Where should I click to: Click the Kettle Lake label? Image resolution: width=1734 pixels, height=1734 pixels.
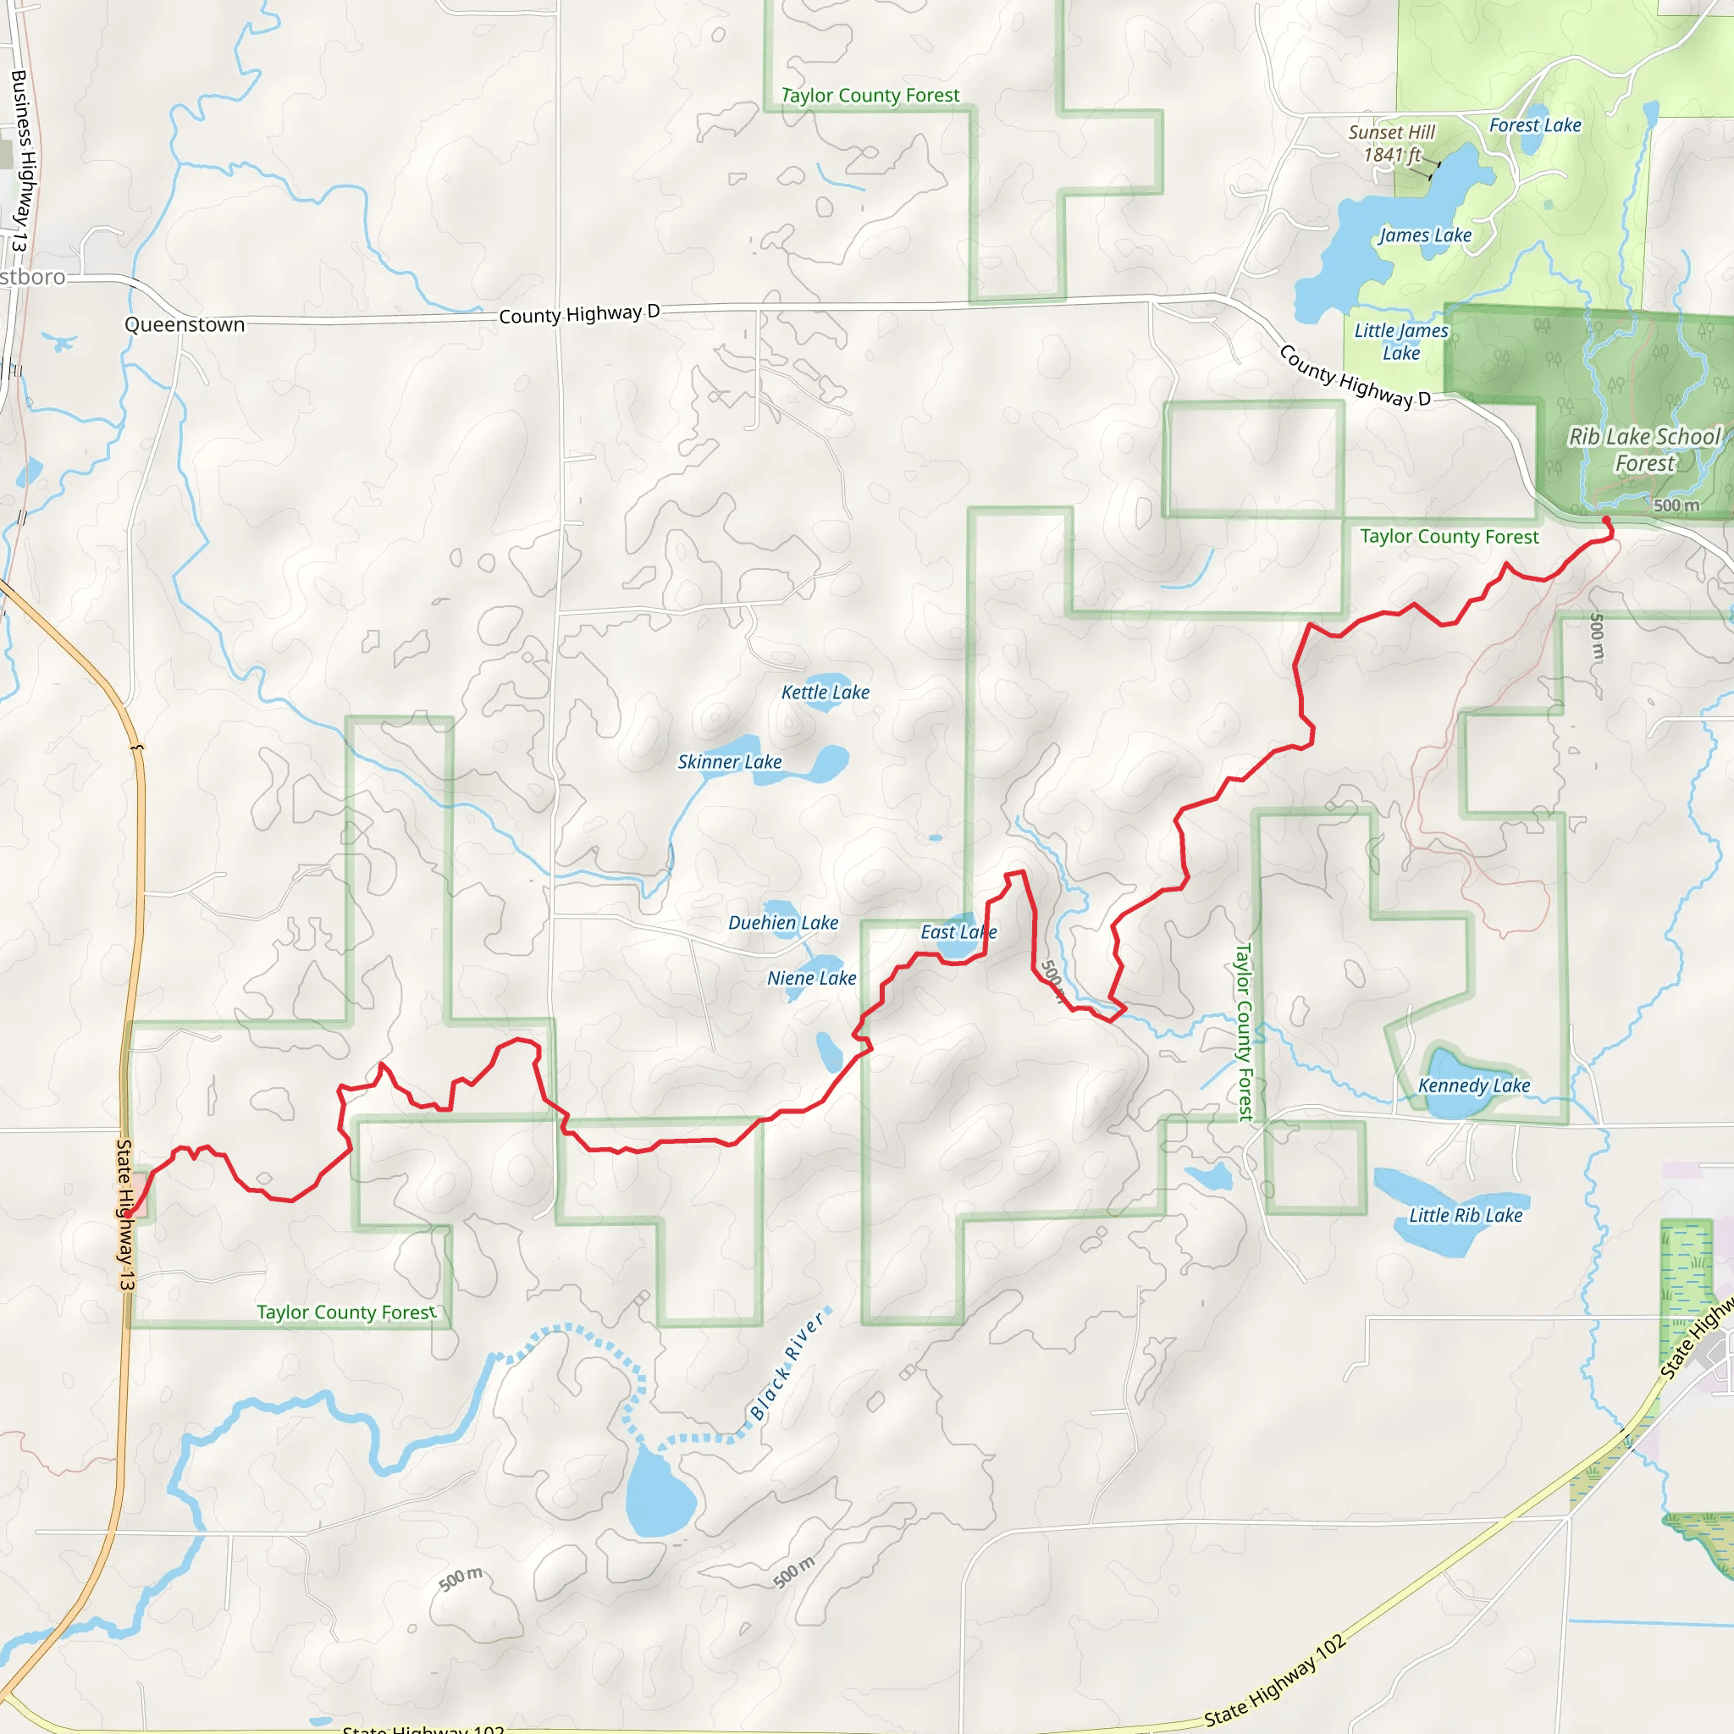[825, 692]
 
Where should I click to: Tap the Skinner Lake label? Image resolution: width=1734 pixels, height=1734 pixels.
[729, 762]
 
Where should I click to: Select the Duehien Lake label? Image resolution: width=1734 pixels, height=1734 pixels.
[782, 923]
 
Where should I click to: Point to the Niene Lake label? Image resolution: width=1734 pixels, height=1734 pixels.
[810, 978]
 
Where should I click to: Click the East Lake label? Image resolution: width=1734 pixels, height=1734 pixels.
[958, 931]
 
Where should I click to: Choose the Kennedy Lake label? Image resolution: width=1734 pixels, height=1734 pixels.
[1474, 1085]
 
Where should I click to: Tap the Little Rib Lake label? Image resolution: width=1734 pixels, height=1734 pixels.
[1465, 1215]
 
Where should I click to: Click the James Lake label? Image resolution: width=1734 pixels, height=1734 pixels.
[1424, 235]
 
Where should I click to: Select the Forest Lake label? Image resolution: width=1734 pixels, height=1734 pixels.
[1535, 125]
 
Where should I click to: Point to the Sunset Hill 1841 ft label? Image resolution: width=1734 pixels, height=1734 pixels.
[1391, 144]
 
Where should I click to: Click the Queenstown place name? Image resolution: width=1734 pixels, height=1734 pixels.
[184, 325]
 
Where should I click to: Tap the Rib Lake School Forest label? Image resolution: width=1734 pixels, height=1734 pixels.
[1644, 450]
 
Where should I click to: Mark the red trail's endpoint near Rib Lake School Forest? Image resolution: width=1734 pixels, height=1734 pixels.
[1605, 521]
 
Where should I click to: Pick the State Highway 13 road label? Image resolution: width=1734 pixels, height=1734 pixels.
[125, 1215]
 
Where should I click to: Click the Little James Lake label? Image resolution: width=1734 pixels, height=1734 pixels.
[1400, 342]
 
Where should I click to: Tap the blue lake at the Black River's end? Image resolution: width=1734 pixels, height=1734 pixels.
[659, 1494]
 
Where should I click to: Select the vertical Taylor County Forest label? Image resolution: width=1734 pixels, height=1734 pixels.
[1243, 1032]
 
